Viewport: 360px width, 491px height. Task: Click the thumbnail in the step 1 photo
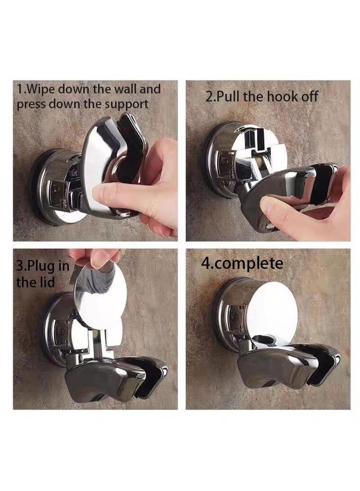point(102,195)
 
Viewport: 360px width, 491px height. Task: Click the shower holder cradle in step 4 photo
point(288,365)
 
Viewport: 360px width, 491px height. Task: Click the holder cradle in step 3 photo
point(112,374)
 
